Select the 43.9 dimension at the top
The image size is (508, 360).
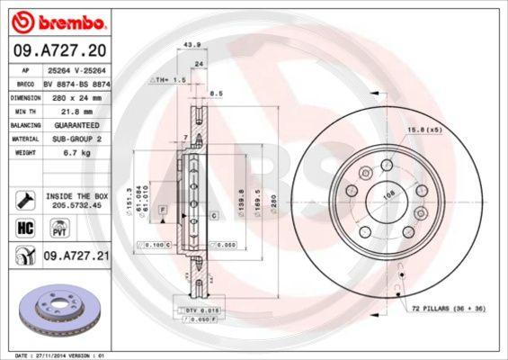click(x=191, y=44)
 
